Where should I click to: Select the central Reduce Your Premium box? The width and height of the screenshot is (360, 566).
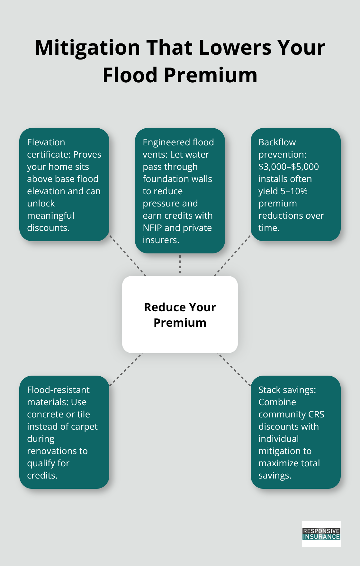point(180,315)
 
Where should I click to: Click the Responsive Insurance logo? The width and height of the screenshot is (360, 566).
point(321,534)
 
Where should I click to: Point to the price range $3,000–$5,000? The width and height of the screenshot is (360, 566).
point(288,167)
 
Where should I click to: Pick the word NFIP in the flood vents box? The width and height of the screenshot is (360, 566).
point(152,228)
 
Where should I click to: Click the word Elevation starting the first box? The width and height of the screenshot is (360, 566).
point(46,142)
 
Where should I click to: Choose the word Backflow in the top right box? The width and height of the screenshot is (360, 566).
point(277,142)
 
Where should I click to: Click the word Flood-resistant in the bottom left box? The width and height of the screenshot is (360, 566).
point(58,390)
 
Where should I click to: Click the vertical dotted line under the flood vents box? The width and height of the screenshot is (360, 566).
point(180,264)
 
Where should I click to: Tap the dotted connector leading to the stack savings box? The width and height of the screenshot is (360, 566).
point(234,369)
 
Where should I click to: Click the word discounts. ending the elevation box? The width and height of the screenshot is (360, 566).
point(48,228)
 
